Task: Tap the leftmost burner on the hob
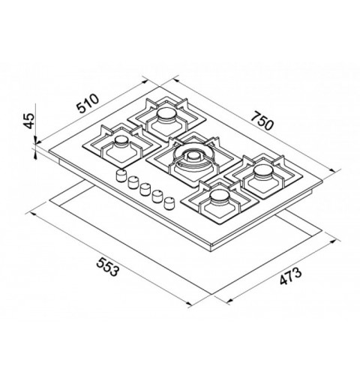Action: (x=121, y=143)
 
